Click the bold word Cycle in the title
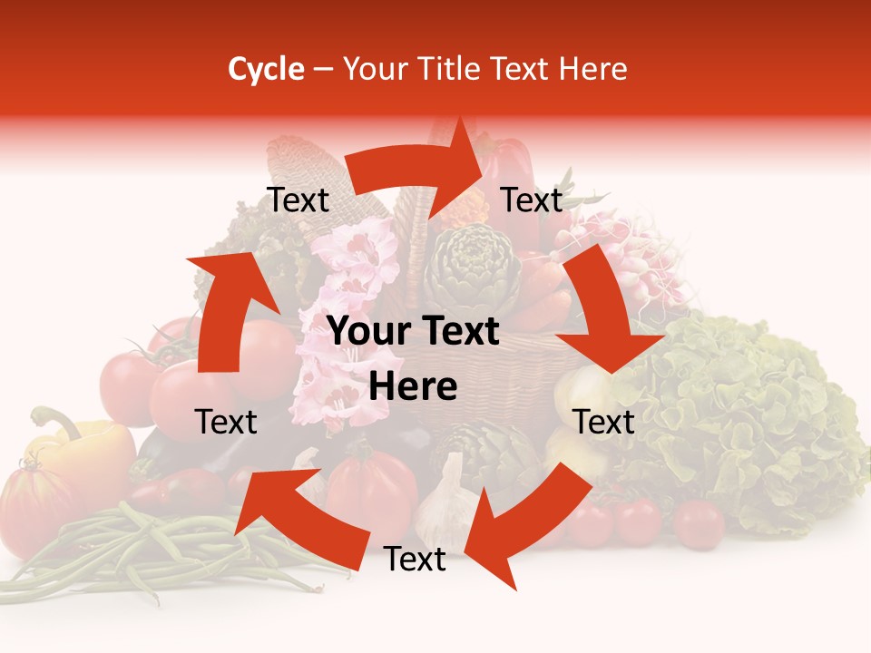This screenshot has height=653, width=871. click(x=266, y=69)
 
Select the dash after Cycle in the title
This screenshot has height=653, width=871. click(x=323, y=70)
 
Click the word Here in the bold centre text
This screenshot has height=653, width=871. click(x=413, y=387)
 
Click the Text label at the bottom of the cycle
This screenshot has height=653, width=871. click(x=415, y=560)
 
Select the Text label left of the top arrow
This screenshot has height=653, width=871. click(x=298, y=200)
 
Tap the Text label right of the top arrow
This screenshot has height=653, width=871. click(x=532, y=200)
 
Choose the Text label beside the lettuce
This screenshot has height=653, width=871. click(x=603, y=422)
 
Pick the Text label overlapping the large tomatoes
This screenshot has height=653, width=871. click(x=226, y=422)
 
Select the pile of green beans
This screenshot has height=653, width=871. click(x=136, y=553)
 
